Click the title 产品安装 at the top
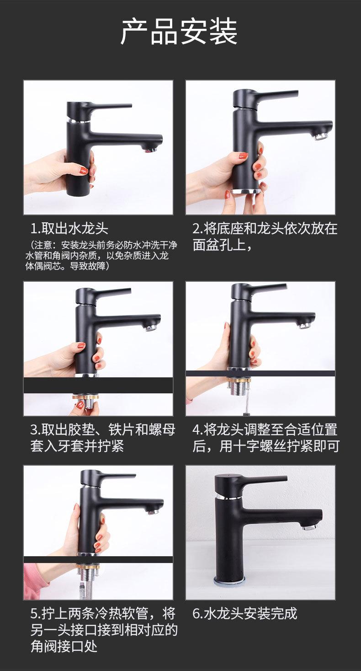(x=179, y=32)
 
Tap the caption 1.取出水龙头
(x=69, y=229)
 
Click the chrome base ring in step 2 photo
(x=245, y=191)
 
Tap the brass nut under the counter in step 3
(x=85, y=397)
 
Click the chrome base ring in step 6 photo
(x=229, y=581)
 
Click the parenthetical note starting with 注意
(x=101, y=256)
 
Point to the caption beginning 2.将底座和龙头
(x=265, y=236)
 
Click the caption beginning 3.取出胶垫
(x=103, y=438)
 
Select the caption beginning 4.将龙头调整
(x=266, y=438)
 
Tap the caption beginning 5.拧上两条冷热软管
(x=104, y=629)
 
